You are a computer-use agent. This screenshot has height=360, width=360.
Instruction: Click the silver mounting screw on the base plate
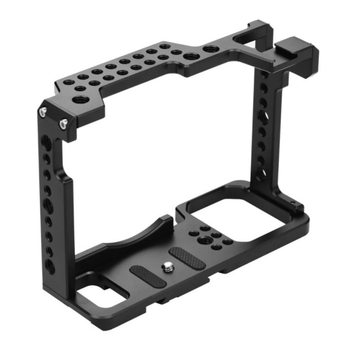pyautogui.click(x=167, y=266)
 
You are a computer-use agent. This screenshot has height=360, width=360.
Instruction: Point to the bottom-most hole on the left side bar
pyautogui.click(x=50, y=267)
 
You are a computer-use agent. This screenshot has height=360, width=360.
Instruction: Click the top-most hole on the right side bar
pyautogui.click(x=264, y=76)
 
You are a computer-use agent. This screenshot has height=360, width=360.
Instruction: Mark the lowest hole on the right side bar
pyautogui.click(x=261, y=172)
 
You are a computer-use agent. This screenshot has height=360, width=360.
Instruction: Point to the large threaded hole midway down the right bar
pyautogui.click(x=262, y=116)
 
